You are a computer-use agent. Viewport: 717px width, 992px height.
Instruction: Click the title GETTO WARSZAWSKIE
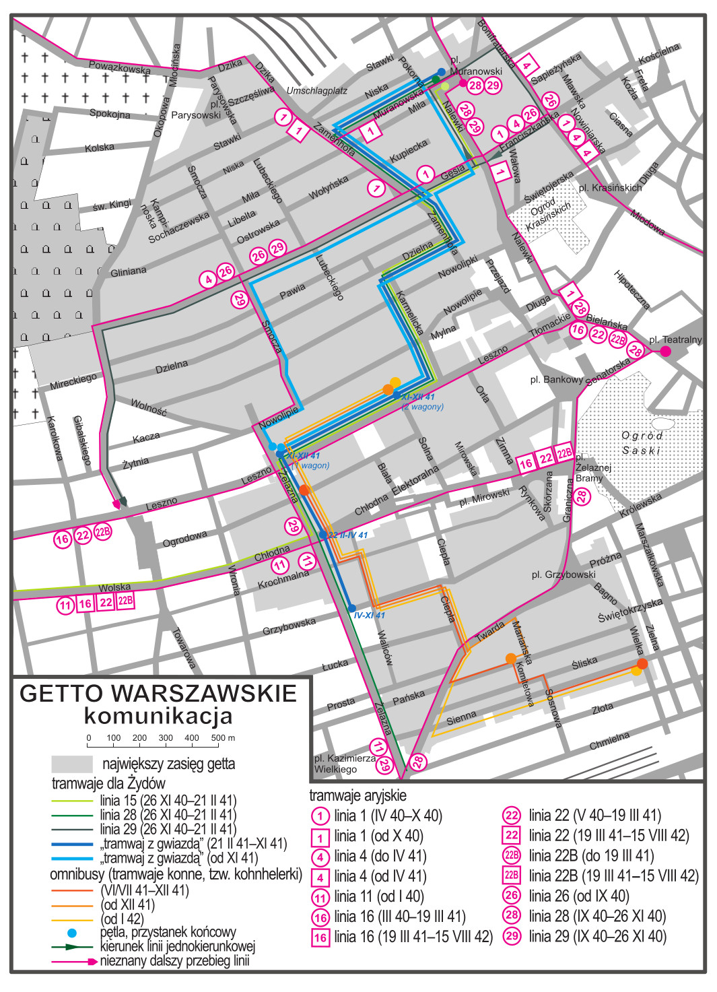click(x=159, y=694)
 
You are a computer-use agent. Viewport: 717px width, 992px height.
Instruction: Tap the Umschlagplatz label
click(x=316, y=91)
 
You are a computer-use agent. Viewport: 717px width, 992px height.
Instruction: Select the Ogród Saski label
click(x=642, y=442)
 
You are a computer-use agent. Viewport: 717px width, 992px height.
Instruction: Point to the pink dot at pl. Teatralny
click(x=665, y=351)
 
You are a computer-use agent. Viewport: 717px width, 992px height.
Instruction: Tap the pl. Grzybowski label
click(x=564, y=574)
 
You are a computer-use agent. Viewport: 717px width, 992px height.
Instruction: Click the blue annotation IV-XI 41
click(x=369, y=615)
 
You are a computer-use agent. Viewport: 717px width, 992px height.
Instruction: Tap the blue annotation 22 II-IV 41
click(x=347, y=535)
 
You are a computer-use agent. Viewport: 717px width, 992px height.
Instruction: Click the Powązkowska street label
click(x=120, y=67)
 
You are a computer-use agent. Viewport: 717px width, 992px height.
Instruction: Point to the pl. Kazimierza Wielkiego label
click(x=344, y=763)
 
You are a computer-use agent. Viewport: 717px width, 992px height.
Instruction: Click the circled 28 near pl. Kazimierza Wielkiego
click(x=418, y=761)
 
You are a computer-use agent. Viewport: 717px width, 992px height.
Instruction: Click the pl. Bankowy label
click(x=555, y=380)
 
